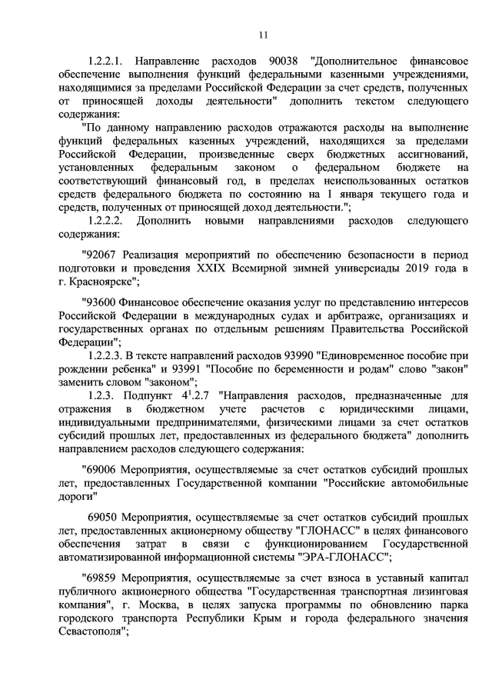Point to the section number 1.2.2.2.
click(108, 221)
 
